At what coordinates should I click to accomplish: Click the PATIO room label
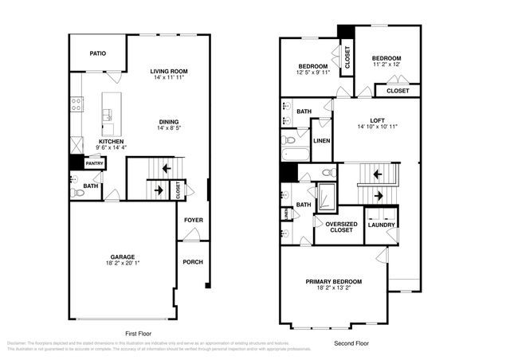(x=97, y=53)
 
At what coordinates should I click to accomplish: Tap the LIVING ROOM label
(x=168, y=72)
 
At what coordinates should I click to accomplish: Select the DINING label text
(x=168, y=121)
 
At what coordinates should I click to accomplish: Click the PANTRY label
(x=95, y=163)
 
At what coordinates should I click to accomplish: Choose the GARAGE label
(x=122, y=256)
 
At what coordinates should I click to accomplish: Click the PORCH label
(x=193, y=261)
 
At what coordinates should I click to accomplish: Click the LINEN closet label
(x=322, y=140)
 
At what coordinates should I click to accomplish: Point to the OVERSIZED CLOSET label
(x=341, y=226)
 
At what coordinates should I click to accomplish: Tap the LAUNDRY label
(x=381, y=225)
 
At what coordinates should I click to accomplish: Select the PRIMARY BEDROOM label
(x=334, y=281)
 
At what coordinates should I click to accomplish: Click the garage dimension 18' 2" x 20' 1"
(x=122, y=263)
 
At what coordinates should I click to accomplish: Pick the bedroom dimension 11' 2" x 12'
(x=386, y=65)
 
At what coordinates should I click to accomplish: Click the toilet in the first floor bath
(x=77, y=193)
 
